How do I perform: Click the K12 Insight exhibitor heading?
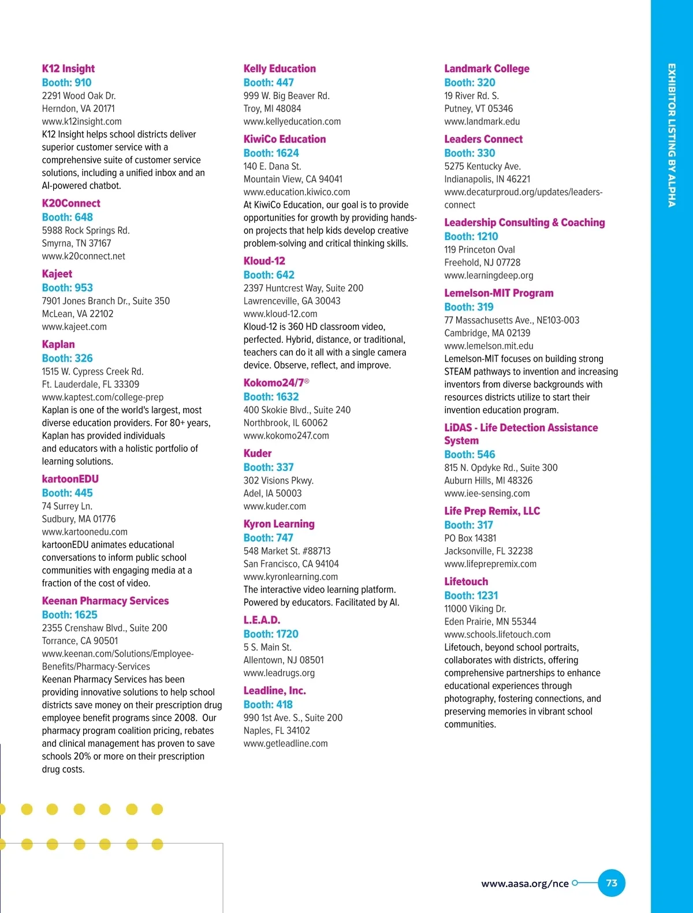(68, 69)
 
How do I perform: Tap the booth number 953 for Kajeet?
(67, 287)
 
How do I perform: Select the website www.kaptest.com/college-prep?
(102, 397)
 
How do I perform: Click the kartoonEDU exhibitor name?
(70, 479)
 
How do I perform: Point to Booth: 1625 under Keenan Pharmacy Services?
(69, 615)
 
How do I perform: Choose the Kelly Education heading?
(280, 69)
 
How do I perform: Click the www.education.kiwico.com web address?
(296, 192)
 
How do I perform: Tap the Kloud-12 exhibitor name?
(264, 261)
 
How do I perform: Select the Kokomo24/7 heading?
(275, 383)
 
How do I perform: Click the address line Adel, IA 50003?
(272, 493)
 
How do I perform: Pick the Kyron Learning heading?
(279, 524)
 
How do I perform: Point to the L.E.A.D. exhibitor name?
(262, 620)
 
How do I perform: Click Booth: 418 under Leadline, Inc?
(268, 705)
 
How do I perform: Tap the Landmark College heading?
(486, 69)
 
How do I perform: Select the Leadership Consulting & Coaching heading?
(524, 223)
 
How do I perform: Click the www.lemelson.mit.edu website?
(489, 346)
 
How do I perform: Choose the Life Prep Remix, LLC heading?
(492, 511)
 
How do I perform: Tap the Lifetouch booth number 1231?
(471, 596)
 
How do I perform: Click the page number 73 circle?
(611, 883)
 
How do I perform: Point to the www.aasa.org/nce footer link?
(524, 884)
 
